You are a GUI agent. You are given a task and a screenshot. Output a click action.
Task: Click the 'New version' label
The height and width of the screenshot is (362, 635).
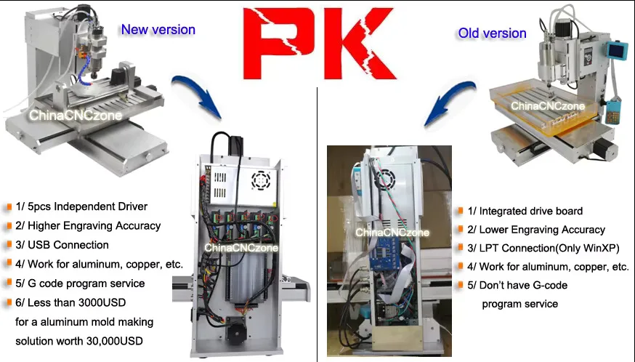click(x=158, y=30)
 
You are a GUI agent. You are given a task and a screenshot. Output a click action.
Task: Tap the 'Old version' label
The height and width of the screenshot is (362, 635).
click(x=492, y=33)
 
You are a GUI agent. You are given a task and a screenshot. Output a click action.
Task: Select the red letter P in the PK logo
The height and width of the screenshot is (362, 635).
click(x=280, y=44)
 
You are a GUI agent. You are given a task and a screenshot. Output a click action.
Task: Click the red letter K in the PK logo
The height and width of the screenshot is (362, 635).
click(x=357, y=44)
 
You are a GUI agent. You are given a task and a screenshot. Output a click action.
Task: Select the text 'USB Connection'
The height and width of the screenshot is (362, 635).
click(x=68, y=245)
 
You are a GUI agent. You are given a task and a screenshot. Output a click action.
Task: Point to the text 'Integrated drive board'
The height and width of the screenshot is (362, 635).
click(x=531, y=211)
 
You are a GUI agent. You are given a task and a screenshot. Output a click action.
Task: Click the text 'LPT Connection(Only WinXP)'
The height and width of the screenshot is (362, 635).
click(x=549, y=248)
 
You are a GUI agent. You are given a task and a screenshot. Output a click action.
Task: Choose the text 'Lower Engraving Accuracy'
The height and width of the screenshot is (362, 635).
click(x=542, y=230)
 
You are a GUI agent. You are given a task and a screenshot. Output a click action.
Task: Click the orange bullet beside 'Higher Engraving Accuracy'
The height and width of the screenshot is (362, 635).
click(x=9, y=225)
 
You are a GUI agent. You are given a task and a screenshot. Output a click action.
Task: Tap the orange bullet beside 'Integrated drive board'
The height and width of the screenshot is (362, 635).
click(x=461, y=210)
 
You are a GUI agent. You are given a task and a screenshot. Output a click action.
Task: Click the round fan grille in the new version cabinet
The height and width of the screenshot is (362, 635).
click(x=261, y=180)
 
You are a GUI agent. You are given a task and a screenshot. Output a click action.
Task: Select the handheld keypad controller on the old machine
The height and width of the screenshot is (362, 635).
click(x=613, y=111)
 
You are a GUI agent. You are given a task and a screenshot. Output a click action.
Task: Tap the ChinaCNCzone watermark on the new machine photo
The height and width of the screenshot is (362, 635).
click(x=76, y=116)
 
